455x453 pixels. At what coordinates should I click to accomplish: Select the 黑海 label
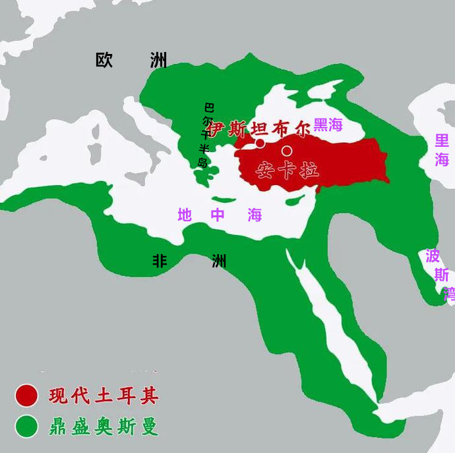click(x=328, y=124)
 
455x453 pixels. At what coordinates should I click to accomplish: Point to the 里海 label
click(x=442, y=150)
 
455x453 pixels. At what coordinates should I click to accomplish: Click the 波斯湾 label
click(x=439, y=274)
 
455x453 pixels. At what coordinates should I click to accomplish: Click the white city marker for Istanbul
click(x=260, y=143)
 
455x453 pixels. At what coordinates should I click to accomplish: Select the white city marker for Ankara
click(x=287, y=151)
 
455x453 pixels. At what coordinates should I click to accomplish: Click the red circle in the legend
click(x=27, y=396)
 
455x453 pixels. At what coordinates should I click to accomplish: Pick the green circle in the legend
click(x=27, y=427)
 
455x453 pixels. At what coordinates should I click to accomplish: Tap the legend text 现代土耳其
click(x=104, y=396)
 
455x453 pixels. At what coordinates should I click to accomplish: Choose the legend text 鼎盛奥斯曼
click(x=104, y=427)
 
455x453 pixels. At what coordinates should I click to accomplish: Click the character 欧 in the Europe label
click(x=104, y=60)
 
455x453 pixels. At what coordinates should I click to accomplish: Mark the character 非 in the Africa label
click(x=160, y=261)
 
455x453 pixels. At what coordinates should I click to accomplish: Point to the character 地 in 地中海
click(x=185, y=215)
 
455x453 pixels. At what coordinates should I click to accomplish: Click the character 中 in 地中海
click(x=218, y=215)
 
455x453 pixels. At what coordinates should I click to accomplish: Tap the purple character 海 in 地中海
click(x=255, y=215)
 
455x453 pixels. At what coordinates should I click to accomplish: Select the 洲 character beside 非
click(x=219, y=261)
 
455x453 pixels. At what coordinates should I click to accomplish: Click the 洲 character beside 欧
click(x=158, y=60)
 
